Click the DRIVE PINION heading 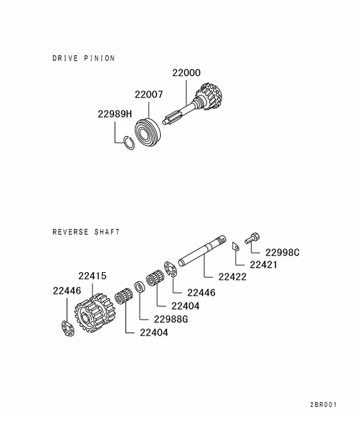[83, 58]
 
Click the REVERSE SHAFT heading [86, 232]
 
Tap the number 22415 [92, 276]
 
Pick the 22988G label [171, 319]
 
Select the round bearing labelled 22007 [148, 129]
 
